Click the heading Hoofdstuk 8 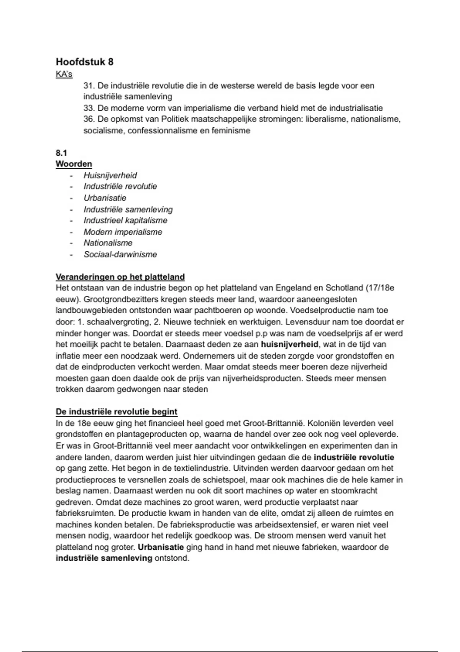(85, 62)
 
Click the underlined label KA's (64, 74)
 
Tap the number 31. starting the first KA (89, 86)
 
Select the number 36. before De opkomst (89, 119)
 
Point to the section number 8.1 (61, 153)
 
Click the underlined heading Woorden (74, 164)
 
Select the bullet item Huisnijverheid (110, 176)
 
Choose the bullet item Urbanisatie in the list (105, 198)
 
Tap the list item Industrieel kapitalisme (126, 221)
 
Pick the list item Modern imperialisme (123, 232)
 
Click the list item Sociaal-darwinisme (120, 254)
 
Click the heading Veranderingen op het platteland (120, 277)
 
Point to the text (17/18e (380, 288)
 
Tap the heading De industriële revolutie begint (117, 412)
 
